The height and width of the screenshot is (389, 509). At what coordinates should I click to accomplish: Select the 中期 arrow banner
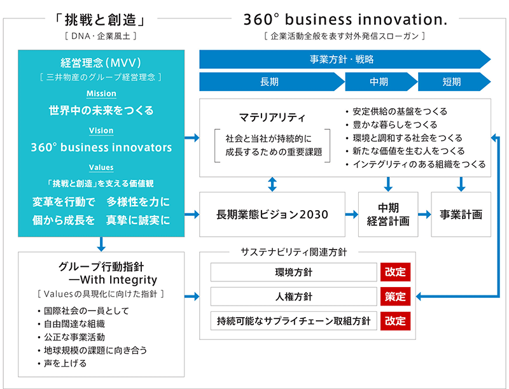[x=381, y=82]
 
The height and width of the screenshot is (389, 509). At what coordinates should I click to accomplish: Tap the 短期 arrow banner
[x=454, y=82]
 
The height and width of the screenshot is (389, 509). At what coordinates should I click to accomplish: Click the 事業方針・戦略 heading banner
[x=345, y=59]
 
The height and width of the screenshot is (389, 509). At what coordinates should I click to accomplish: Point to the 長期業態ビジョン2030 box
[x=272, y=215]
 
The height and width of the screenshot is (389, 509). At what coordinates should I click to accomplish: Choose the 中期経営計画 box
[x=388, y=215]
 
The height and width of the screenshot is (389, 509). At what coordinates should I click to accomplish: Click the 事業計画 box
[x=461, y=215]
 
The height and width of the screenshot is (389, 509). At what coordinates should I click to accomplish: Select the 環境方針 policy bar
[x=293, y=272]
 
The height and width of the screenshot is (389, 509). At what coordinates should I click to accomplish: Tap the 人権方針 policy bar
[x=293, y=297]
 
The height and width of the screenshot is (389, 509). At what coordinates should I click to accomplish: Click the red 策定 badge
[x=395, y=297]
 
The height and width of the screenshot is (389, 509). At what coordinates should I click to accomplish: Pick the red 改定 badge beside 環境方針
[x=395, y=272]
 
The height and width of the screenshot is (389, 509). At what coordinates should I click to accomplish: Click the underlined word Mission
[x=101, y=94]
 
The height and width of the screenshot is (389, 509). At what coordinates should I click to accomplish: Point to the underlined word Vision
[x=101, y=131]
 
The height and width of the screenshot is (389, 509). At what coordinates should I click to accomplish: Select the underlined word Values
[x=101, y=167]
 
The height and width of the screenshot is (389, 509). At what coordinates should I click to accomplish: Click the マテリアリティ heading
[x=272, y=117]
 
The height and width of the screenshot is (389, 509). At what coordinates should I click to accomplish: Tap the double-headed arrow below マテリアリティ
[x=272, y=184]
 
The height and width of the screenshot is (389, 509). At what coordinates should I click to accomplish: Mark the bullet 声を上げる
[x=62, y=363]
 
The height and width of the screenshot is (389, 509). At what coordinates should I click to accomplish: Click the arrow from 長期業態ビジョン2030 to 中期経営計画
[x=352, y=215]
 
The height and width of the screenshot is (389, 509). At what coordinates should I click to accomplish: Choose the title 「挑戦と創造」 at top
[x=101, y=20]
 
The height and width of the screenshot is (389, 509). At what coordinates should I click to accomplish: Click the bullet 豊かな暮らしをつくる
[x=391, y=125]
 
